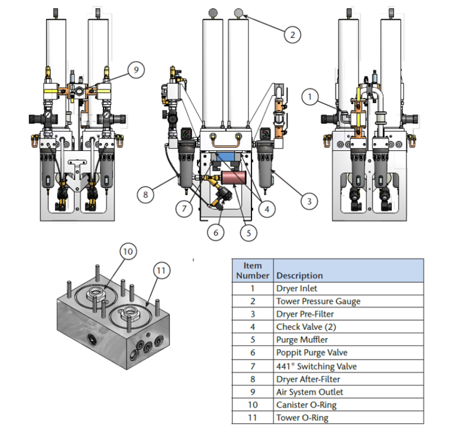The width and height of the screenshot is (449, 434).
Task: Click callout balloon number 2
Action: pyautogui.click(x=292, y=35)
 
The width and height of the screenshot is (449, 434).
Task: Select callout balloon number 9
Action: pyautogui.click(x=136, y=70)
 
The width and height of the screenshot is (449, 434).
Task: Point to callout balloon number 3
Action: pyautogui.click(x=309, y=201)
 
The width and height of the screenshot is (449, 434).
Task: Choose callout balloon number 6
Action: pyautogui.click(x=216, y=232)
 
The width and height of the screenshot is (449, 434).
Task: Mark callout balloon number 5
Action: pyautogui.click(x=249, y=232)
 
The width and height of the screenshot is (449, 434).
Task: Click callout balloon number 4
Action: pyautogui.click(x=270, y=207)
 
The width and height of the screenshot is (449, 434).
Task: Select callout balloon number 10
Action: pyautogui.click(x=129, y=251)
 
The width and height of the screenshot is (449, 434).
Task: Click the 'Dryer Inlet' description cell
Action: pyautogui.click(x=297, y=288)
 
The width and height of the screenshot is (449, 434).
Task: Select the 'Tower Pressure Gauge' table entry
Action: pyautogui.click(x=318, y=301)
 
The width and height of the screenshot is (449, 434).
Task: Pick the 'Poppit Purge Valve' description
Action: pyautogui.click(x=312, y=353)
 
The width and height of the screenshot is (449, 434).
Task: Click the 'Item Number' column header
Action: pyautogui.click(x=253, y=270)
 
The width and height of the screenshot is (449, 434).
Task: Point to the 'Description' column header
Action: pyautogui.click(x=299, y=275)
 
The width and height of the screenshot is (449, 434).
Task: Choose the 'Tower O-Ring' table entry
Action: pyautogui.click(x=302, y=418)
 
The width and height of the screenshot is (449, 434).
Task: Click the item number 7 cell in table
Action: pyautogui.click(x=253, y=366)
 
